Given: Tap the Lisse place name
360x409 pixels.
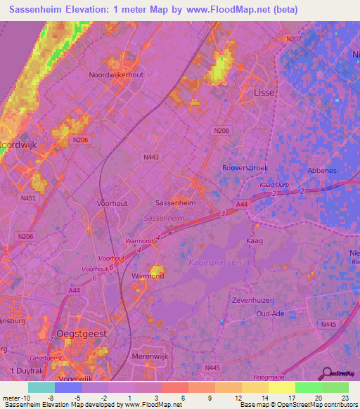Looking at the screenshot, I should pos(264,93).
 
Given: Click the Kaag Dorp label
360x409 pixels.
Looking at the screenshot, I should pos(274,184).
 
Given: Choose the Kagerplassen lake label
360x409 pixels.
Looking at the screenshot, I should pos(215,262).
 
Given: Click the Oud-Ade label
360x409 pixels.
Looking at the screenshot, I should pos(269,313).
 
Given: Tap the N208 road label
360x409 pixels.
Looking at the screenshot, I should pos(221,131).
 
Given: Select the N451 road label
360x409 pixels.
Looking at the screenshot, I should pos(28,198).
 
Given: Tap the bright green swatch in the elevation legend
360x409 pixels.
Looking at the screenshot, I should pos(309,387).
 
